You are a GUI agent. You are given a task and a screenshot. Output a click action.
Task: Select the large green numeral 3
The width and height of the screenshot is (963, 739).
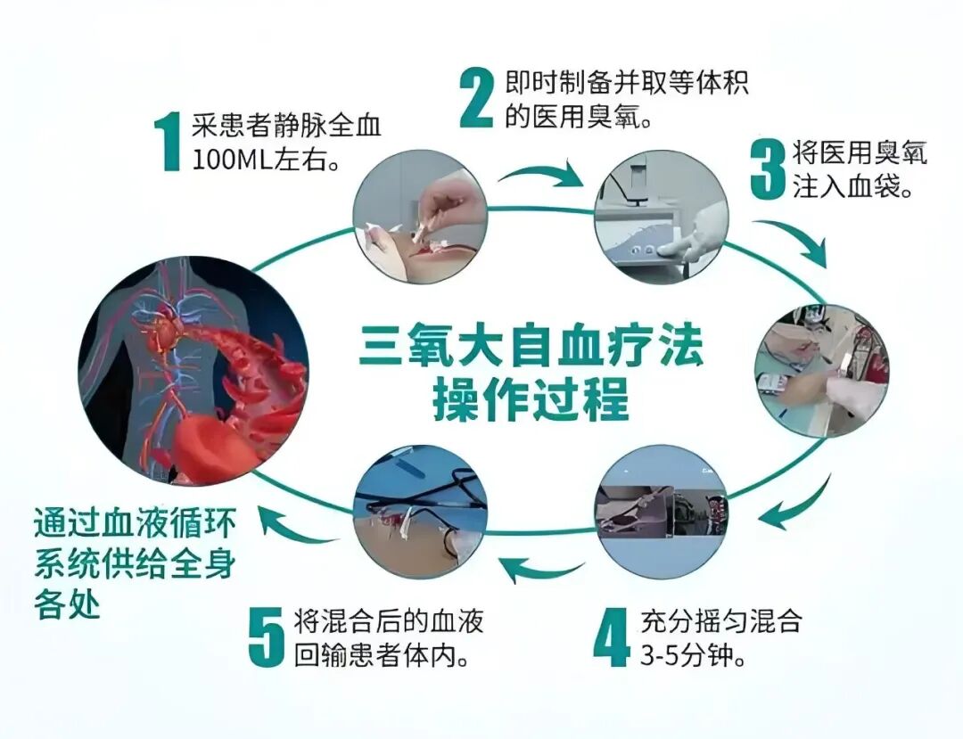tap(767, 169)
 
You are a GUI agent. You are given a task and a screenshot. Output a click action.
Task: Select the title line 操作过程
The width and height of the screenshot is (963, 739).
tap(531, 400)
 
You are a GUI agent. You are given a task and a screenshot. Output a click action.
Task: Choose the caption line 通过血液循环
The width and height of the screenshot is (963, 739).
tap(136, 523)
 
